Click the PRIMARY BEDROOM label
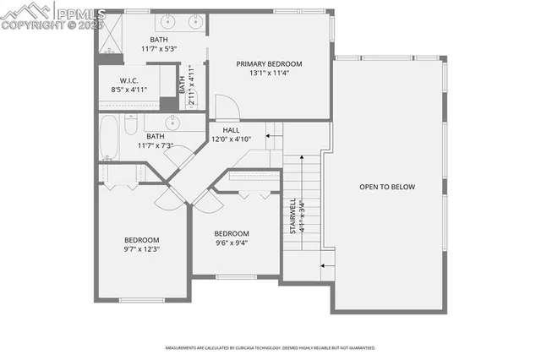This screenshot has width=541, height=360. [269, 63]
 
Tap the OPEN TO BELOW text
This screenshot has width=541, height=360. [387, 187]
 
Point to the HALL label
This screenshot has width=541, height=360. [231, 130]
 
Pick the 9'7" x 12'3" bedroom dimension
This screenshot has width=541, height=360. [141, 249]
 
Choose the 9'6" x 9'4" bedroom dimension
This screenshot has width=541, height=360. [231, 243]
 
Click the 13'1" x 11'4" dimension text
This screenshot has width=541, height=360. [269, 73]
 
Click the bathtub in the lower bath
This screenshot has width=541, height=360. [108, 137]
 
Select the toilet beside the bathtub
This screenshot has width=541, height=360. [131, 126]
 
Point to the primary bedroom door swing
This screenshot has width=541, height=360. [227, 107]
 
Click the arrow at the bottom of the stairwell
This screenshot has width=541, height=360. [326, 267]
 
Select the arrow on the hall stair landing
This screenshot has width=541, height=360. [273, 134]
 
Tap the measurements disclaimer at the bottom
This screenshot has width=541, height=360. [270, 347]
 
